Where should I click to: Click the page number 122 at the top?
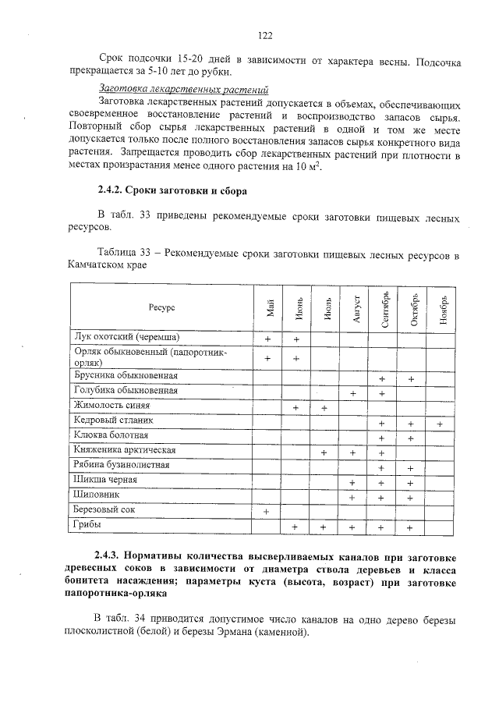264,35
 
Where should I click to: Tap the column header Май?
267,308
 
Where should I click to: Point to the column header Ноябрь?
441,308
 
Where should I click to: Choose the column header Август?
354,308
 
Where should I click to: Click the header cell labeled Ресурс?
162,308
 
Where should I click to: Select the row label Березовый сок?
104,510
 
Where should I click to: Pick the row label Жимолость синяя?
111,406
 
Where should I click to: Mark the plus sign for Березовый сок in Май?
267,512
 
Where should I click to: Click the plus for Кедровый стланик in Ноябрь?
441,423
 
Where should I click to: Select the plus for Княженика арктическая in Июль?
324,452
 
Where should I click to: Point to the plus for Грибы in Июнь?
296,527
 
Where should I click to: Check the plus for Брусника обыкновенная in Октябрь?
411,378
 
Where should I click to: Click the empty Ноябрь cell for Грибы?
441,527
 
